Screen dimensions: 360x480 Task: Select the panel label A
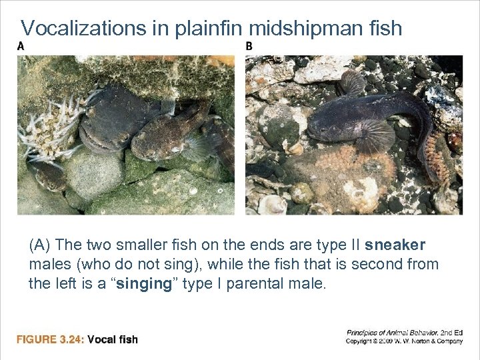(21, 46)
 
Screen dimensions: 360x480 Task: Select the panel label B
(249, 46)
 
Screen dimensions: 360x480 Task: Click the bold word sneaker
(399, 245)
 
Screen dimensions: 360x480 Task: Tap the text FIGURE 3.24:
(50, 339)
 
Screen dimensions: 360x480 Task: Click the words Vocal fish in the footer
(113, 339)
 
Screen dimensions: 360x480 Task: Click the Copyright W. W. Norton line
(404, 341)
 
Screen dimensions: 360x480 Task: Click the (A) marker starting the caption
(41, 245)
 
